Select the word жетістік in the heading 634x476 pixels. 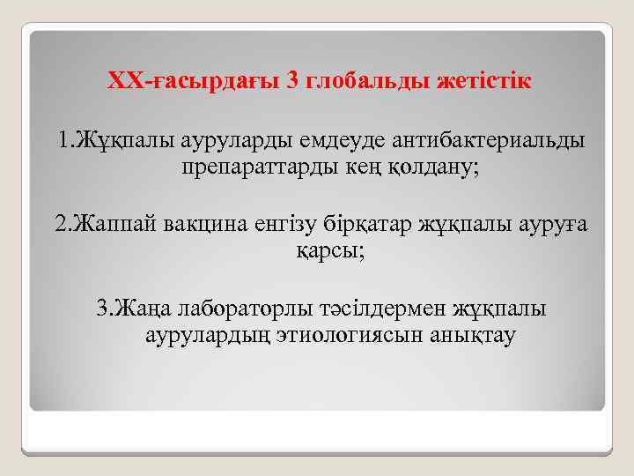(484, 82)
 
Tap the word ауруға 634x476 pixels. (549, 224)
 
